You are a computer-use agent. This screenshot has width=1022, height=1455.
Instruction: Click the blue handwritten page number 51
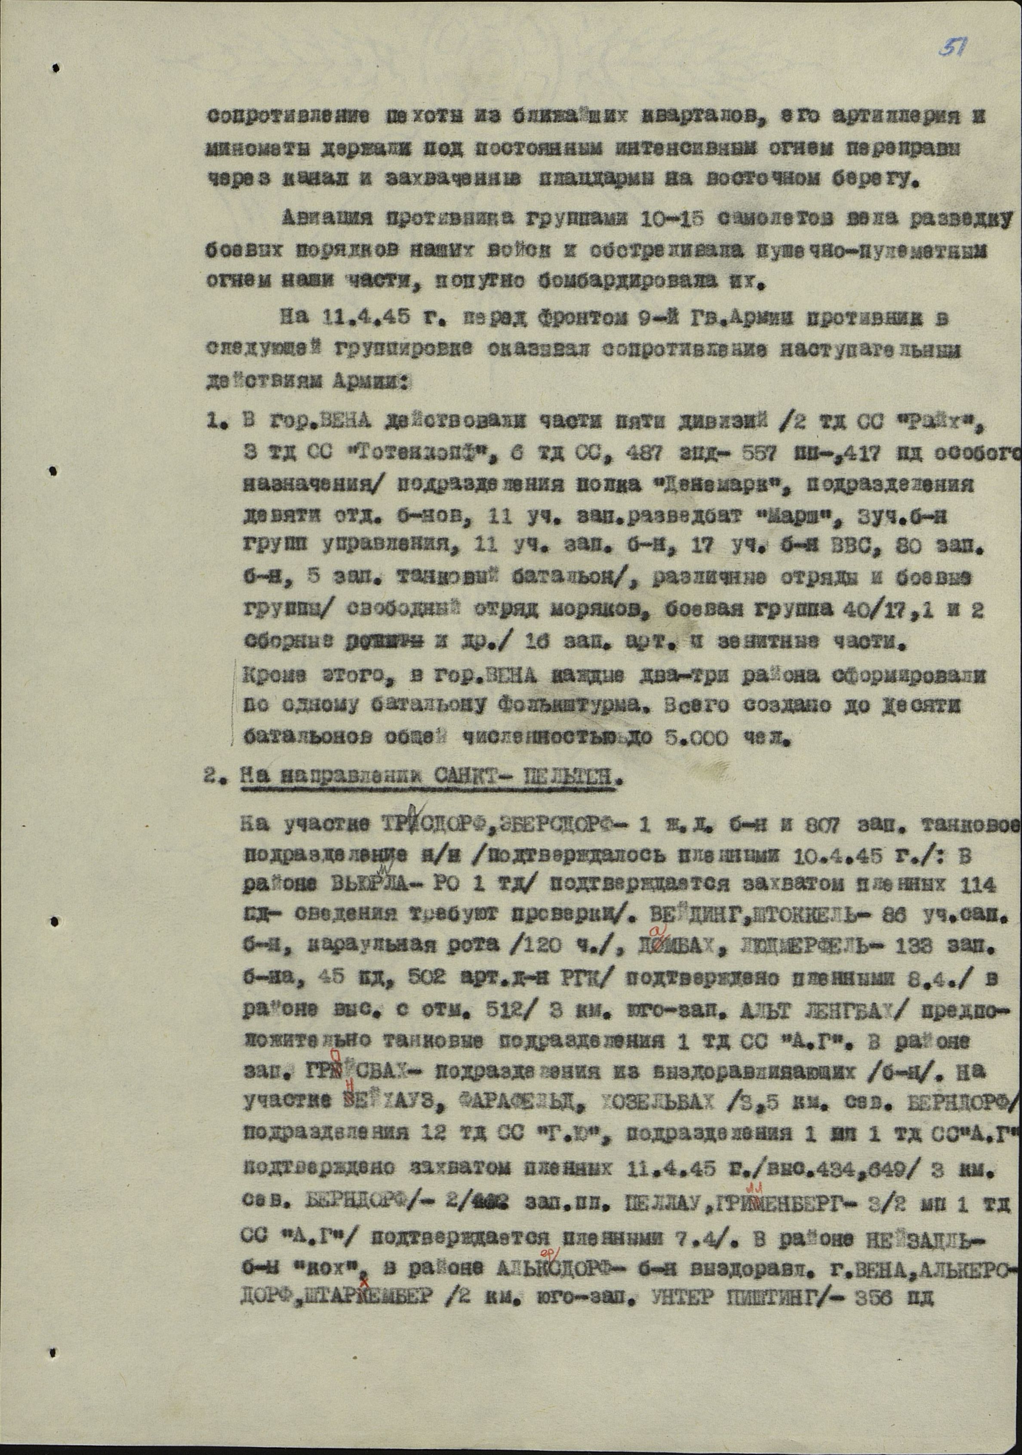coord(950,48)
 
